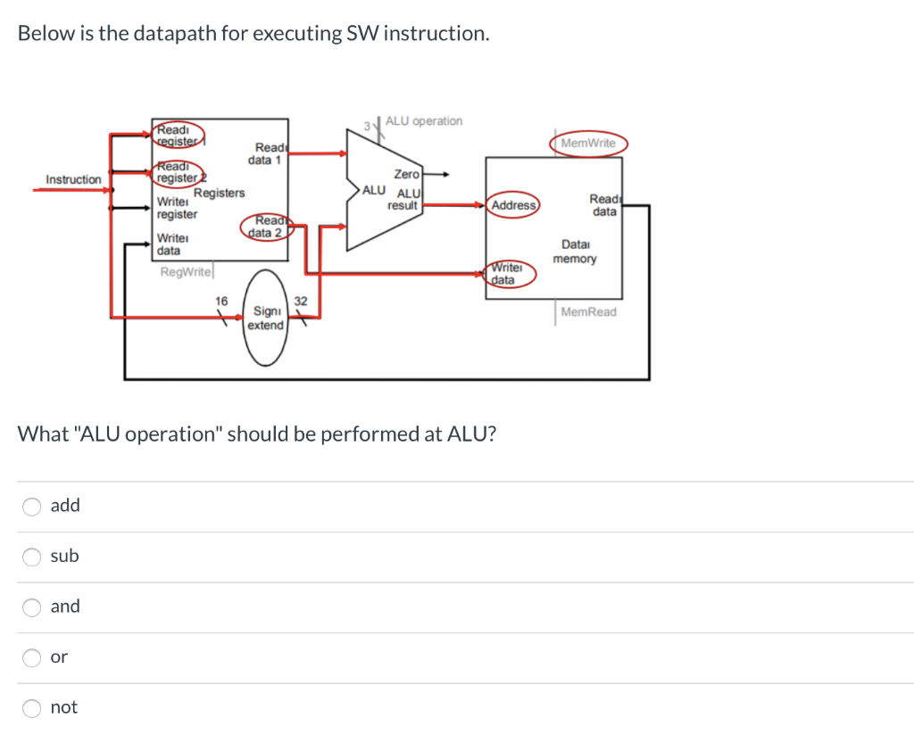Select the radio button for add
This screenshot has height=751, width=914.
pyautogui.click(x=32, y=506)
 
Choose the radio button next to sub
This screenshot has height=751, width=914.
pyautogui.click(x=32, y=557)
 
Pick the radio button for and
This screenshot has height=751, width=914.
pyautogui.click(x=32, y=607)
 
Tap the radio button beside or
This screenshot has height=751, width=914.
pyautogui.click(x=32, y=657)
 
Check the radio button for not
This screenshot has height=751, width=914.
pyautogui.click(x=32, y=708)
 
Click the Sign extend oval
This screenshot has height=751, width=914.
pyautogui.click(x=265, y=318)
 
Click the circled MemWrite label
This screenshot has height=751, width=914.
pyautogui.click(x=588, y=144)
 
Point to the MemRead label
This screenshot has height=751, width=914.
pyautogui.click(x=588, y=311)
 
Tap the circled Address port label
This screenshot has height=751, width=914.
pyautogui.click(x=514, y=206)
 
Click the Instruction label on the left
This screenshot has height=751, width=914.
pyautogui.click(x=73, y=180)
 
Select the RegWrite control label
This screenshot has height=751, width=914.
pyautogui.click(x=185, y=272)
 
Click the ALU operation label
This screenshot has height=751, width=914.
pyautogui.click(x=424, y=121)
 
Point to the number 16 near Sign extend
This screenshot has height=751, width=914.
pyautogui.click(x=222, y=301)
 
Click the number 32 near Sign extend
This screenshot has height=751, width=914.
pyautogui.click(x=301, y=301)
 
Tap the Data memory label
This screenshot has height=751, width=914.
pyautogui.click(x=575, y=252)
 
